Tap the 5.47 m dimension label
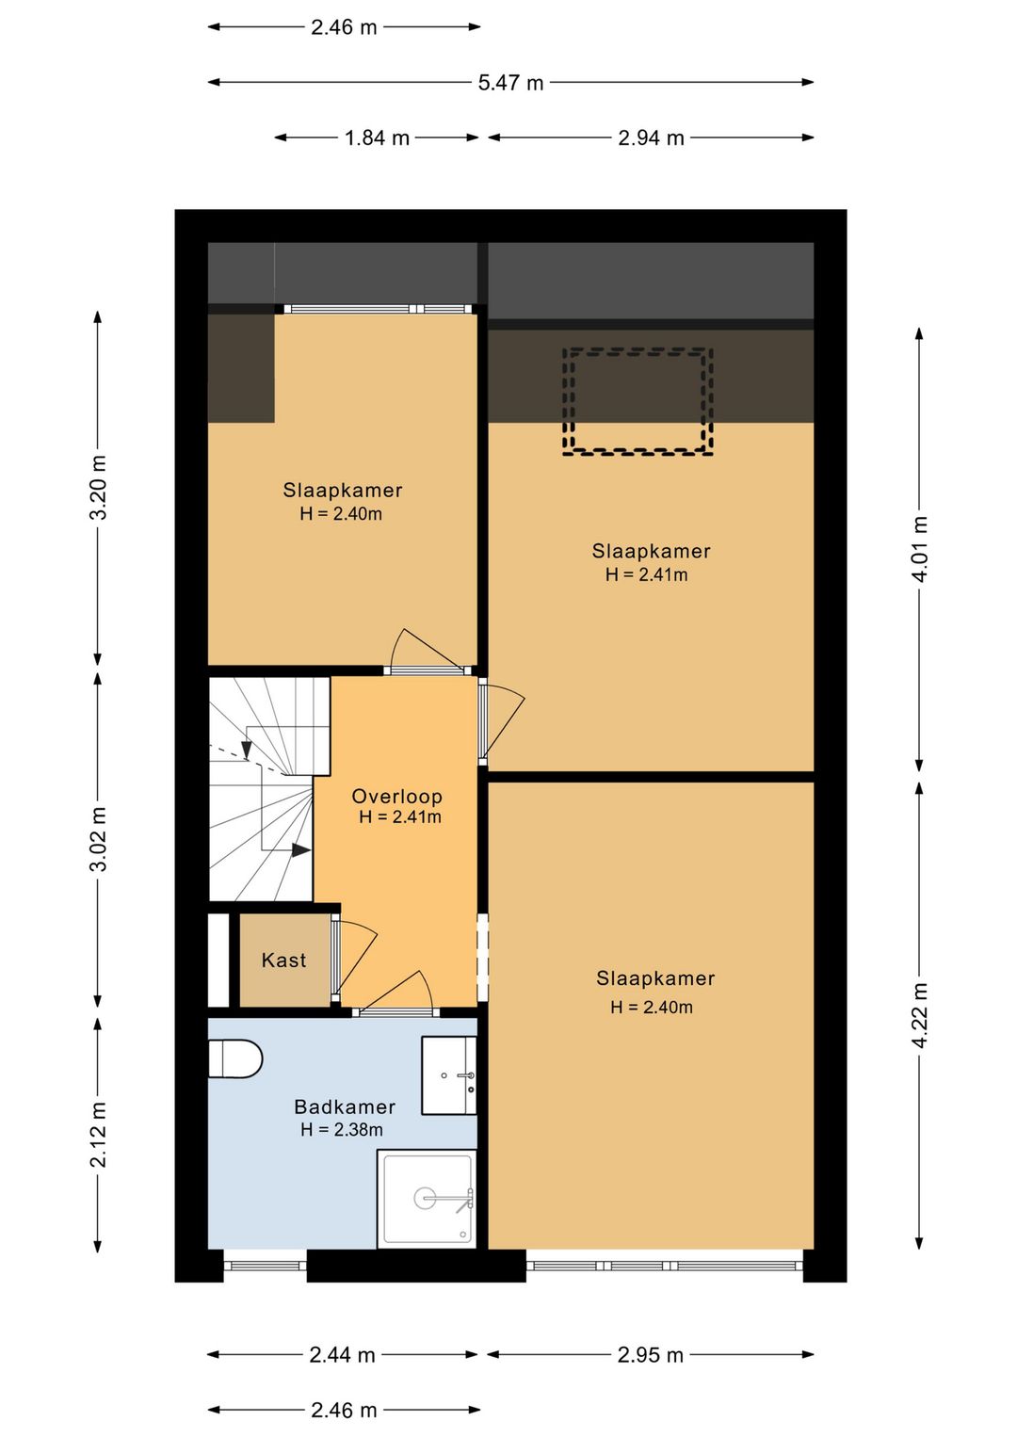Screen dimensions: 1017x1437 510,83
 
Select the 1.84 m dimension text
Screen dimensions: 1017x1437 378,137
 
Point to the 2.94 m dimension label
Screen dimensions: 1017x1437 652,137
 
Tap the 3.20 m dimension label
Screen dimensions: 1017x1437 98,488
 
